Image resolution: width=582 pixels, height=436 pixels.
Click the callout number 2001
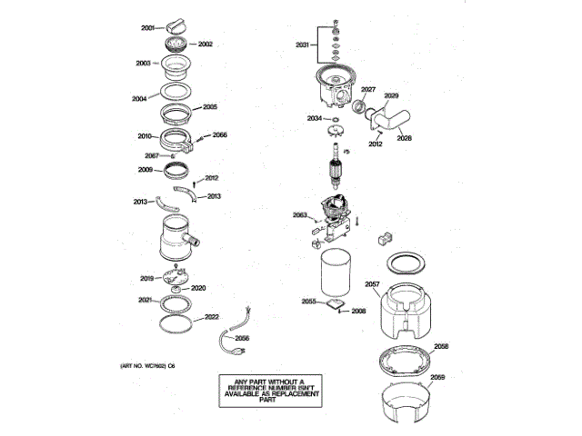[149, 27]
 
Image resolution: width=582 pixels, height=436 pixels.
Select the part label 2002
[205, 45]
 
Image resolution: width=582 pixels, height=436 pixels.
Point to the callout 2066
[220, 135]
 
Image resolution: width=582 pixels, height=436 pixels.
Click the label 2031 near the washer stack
[303, 44]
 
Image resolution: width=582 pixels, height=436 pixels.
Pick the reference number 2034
[314, 119]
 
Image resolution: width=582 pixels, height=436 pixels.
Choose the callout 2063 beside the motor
[299, 214]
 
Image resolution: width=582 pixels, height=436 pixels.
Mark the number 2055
[308, 301]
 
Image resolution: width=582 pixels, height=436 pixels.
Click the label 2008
[358, 312]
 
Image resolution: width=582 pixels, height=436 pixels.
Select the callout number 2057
[372, 285]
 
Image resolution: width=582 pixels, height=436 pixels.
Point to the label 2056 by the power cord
[242, 338]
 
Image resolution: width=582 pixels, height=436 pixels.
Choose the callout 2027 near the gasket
[368, 89]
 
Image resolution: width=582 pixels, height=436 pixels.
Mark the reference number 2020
[198, 288]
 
